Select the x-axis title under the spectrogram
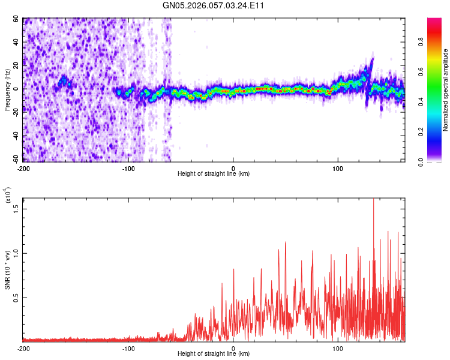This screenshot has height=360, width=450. tap(214, 174)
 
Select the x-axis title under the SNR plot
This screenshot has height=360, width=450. tap(214, 354)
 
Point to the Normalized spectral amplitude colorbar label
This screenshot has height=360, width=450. tap(445, 90)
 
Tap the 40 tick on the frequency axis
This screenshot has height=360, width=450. tap(16, 42)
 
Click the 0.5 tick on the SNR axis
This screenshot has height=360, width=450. tap(16, 298)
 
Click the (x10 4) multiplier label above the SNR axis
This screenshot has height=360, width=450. tap(7, 196)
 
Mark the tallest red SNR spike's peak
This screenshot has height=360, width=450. tap(374, 199)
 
